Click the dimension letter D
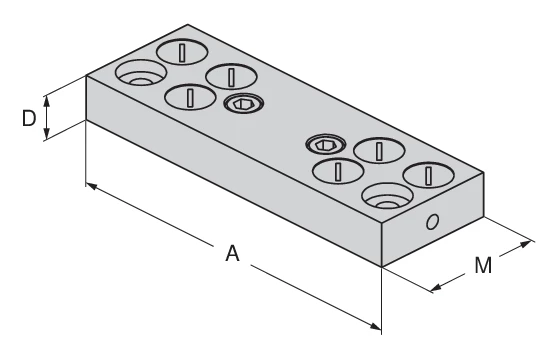click(x=29, y=119)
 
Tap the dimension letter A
click(x=232, y=254)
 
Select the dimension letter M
click(x=483, y=266)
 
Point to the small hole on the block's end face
click(x=431, y=222)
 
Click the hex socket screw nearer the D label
click(x=242, y=104)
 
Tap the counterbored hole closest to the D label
click(x=139, y=75)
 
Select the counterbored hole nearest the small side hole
click(x=386, y=197)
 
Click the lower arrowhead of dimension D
click(x=46, y=139)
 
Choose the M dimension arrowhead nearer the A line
click(x=435, y=290)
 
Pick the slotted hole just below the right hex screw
click(x=337, y=171)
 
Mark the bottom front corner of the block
click(x=383, y=266)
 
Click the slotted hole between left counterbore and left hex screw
click(x=186, y=97)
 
